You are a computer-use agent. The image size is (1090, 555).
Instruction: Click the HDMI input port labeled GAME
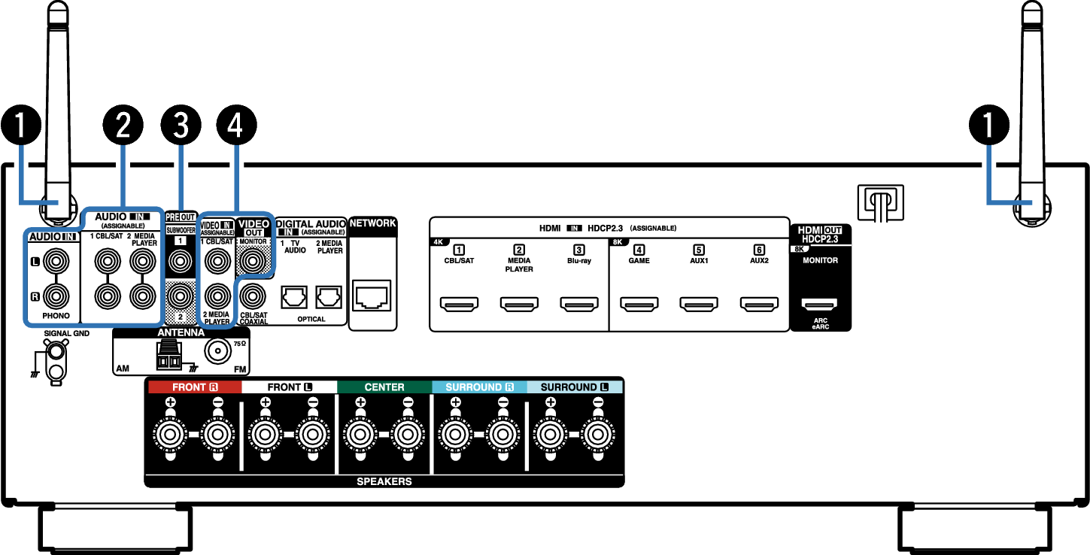(639, 304)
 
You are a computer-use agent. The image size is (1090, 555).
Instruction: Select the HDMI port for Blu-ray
(579, 304)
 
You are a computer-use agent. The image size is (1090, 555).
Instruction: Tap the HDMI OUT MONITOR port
(820, 304)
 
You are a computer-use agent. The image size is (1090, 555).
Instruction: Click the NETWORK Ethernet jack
(372, 296)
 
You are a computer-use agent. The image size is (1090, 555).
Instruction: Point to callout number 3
(181, 125)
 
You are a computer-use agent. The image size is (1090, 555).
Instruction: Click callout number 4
(236, 125)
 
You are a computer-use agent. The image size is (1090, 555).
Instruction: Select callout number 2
(123, 125)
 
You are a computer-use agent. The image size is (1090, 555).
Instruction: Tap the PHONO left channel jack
(56, 262)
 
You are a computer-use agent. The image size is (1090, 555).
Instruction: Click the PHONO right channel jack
(56, 296)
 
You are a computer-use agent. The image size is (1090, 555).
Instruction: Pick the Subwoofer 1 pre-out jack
(180, 262)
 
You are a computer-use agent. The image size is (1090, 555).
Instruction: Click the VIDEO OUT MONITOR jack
(253, 261)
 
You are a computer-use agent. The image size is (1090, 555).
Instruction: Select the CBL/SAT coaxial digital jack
(253, 296)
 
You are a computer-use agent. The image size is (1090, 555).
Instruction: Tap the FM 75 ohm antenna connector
(217, 350)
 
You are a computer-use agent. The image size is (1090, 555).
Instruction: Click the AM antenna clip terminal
(169, 355)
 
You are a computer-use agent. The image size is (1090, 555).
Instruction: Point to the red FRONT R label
(195, 387)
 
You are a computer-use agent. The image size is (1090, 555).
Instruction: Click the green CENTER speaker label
(384, 387)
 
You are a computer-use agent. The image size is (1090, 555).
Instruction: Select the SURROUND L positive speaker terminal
(551, 435)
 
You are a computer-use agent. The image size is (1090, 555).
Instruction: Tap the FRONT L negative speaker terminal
(313, 435)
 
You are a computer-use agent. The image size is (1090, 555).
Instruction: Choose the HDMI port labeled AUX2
(759, 304)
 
